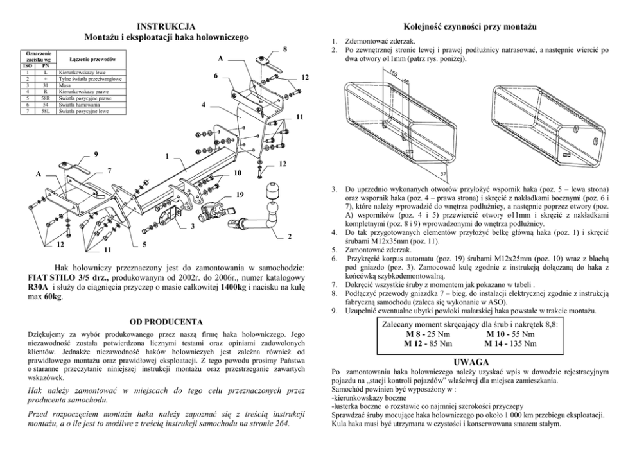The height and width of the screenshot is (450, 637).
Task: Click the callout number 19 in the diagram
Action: pos(240,194)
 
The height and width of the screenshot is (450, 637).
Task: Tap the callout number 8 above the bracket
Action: pos(284,49)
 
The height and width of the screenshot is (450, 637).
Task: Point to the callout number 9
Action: pos(96,154)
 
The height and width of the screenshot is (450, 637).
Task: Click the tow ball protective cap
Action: pos(273,193)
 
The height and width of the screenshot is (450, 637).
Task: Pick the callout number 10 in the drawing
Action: pos(237,173)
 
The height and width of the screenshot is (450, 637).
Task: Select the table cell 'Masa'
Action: pos(64,84)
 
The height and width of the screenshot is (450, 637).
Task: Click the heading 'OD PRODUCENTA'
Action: pos(167,321)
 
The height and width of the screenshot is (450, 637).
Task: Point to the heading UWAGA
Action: pos(471,362)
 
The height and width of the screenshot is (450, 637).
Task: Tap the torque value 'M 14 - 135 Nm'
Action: pos(510,343)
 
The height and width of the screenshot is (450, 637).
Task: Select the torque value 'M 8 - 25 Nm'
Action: pos(428,334)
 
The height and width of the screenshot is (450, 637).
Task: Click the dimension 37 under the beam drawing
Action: pos(443,175)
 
